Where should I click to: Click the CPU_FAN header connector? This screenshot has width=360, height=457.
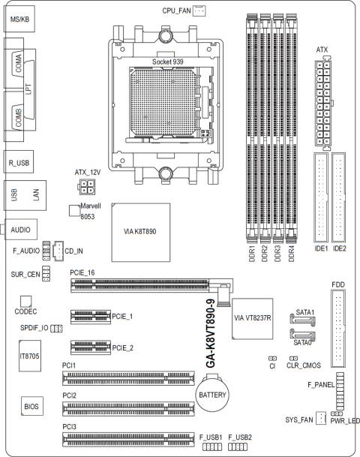(x=199, y=11)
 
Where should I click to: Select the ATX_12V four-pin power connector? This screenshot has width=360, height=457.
(x=86, y=187)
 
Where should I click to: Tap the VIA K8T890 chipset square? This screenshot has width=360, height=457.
(x=141, y=233)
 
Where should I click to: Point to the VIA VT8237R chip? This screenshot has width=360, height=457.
(x=253, y=319)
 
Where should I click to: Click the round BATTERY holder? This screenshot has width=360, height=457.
(x=212, y=395)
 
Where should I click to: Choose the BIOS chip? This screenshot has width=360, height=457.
(x=32, y=406)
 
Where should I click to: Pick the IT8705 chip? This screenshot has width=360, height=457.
(x=30, y=356)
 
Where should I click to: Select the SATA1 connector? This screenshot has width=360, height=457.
(x=302, y=319)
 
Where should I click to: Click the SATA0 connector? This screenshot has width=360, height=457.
(x=302, y=335)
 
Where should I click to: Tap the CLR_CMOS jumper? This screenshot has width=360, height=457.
(x=293, y=358)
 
